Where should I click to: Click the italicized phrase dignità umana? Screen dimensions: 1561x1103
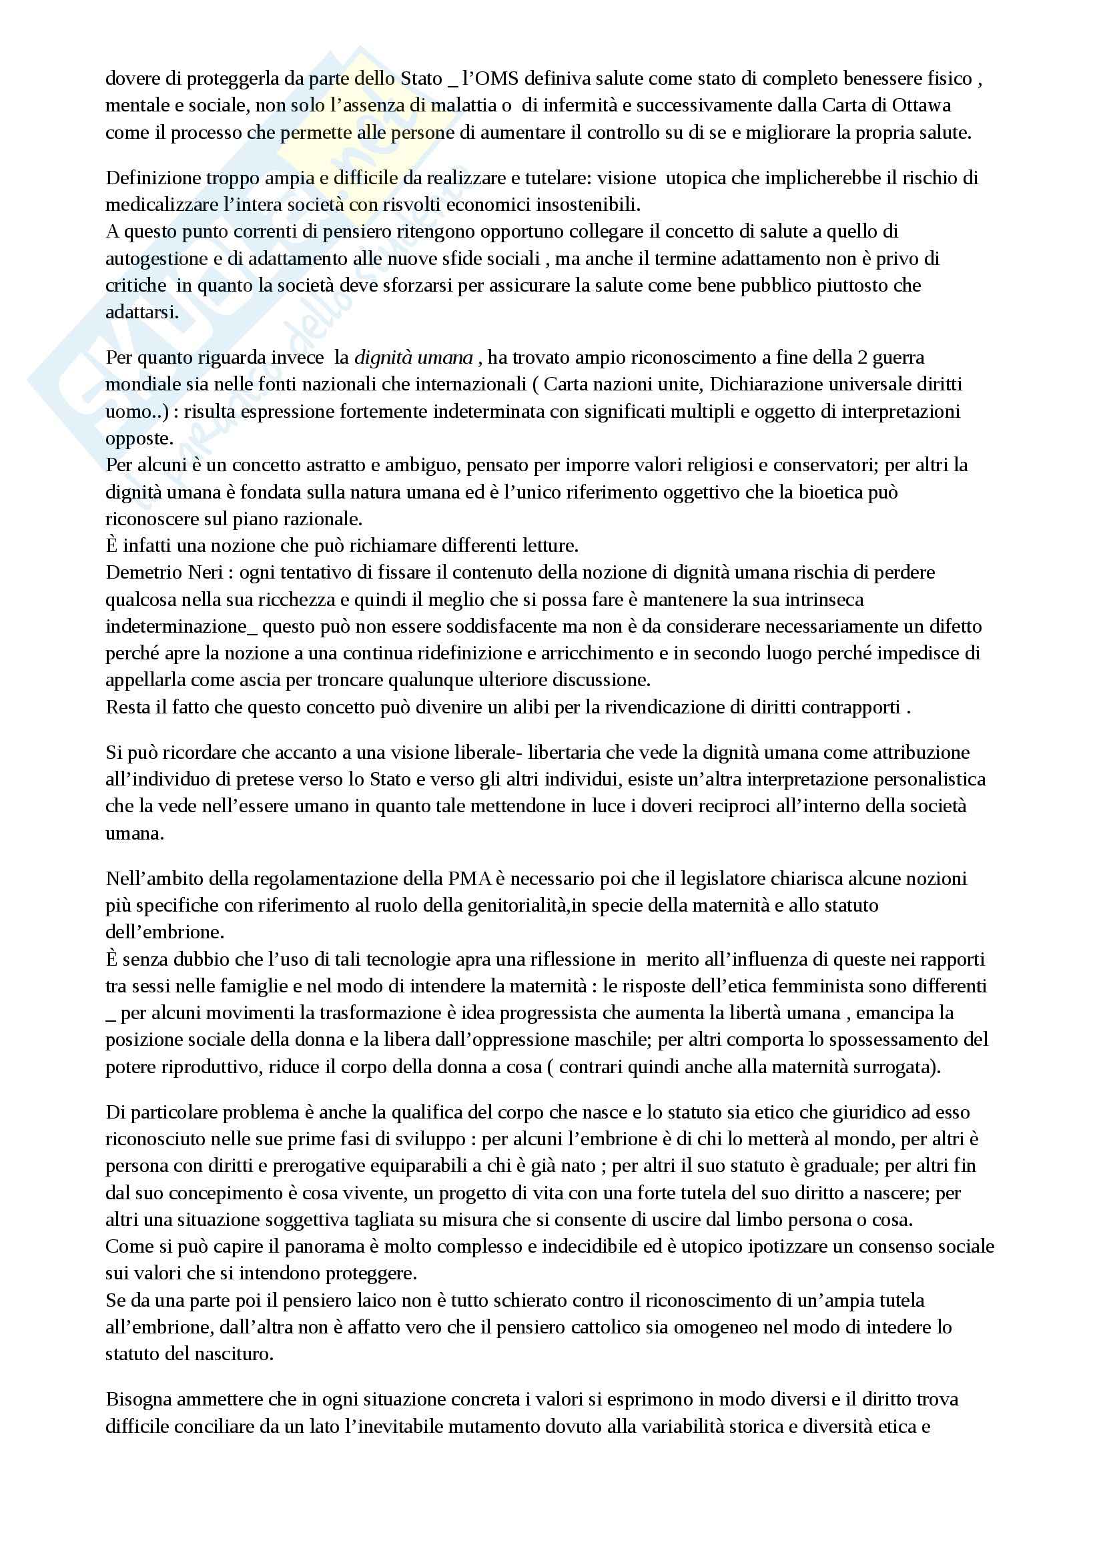tap(413, 357)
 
